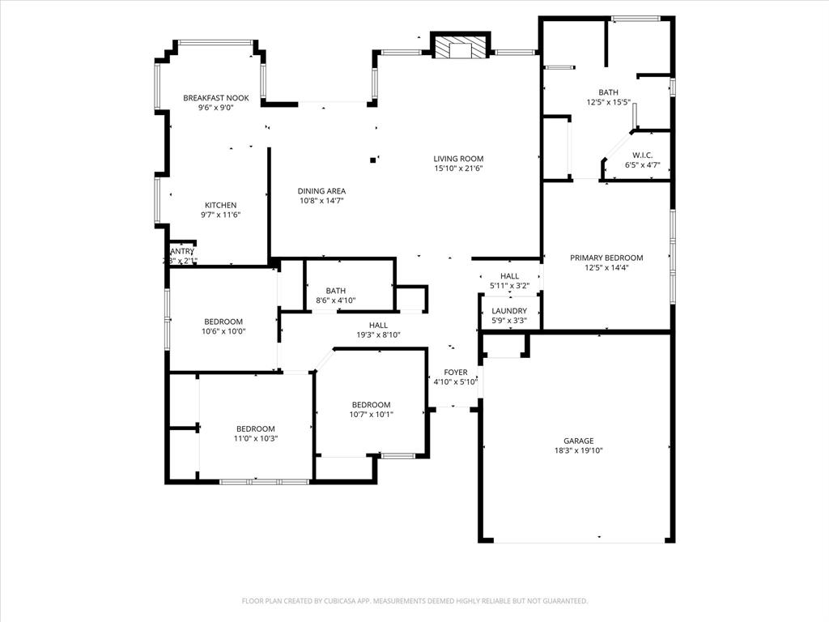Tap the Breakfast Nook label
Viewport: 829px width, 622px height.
(x=215, y=98)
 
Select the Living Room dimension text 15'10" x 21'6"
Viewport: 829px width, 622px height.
(x=458, y=168)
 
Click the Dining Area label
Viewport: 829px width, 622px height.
(x=321, y=191)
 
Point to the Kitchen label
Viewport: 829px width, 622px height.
(x=220, y=205)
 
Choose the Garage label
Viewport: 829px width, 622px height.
(x=579, y=441)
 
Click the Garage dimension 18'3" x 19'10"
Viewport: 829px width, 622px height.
(x=579, y=451)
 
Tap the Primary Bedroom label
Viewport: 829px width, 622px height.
(x=606, y=258)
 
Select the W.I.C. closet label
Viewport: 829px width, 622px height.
(x=643, y=155)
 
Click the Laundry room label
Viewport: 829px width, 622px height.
(x=509, y=311)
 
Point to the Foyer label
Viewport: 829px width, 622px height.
(x=455, y=373)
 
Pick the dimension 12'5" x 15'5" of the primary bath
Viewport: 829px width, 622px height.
(x=608, y=102)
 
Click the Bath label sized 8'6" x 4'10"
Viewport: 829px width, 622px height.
(x=336, y=291)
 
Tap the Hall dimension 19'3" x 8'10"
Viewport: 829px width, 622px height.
(x=378, y=334)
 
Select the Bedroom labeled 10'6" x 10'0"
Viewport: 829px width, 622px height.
(x=223, y=322)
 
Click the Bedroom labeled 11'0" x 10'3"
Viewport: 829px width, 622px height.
(x=256, y=428)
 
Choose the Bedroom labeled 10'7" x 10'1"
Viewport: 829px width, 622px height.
(x=371, y=405)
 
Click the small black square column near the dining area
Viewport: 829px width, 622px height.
(x=372, y=160)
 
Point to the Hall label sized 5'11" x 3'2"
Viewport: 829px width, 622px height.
(x=509, y=276)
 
